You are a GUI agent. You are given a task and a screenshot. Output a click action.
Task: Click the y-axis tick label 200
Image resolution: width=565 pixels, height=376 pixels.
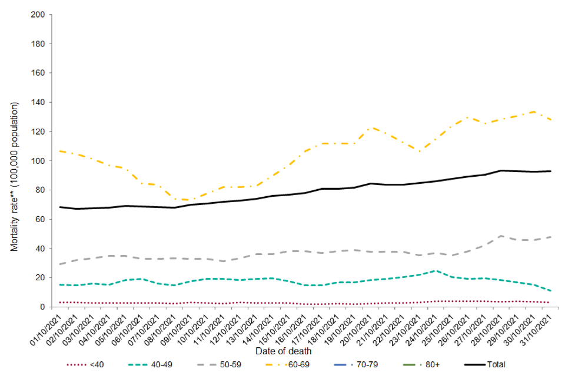pos(39,15)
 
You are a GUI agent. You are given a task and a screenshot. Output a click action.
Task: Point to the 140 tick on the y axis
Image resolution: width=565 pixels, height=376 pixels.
pos(39,102)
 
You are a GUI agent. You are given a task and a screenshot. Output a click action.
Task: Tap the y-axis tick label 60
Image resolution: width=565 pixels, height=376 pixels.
pos(41,219)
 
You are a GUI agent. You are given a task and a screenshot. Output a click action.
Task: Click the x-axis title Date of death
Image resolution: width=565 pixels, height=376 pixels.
pos(283,351)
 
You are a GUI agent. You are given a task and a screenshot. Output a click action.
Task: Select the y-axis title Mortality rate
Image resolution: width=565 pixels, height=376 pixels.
pos(14,177)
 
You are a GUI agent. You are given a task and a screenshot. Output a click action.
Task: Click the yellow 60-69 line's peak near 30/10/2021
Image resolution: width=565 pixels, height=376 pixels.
pos(533,111)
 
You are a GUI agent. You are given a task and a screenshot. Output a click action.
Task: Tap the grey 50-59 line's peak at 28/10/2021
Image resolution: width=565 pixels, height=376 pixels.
pos(500,236)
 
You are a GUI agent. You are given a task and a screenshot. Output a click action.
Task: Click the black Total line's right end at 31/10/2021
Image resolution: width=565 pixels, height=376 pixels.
pos(550,171)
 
